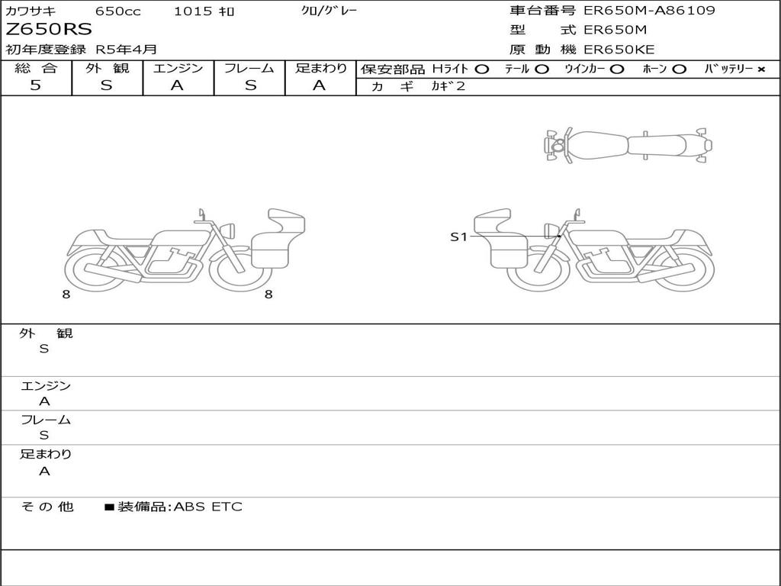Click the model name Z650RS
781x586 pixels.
point(49,30)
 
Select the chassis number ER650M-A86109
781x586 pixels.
point(650,11)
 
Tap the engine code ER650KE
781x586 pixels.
point(619,50)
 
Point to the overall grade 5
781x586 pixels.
point(35,85)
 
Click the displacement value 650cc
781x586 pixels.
point(118,11)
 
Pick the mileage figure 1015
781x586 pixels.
point(192,11)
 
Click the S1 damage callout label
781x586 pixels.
point(458,237)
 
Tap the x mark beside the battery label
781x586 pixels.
point(761,69)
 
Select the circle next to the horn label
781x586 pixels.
point(679,69)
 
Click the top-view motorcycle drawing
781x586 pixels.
point(628,146)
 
